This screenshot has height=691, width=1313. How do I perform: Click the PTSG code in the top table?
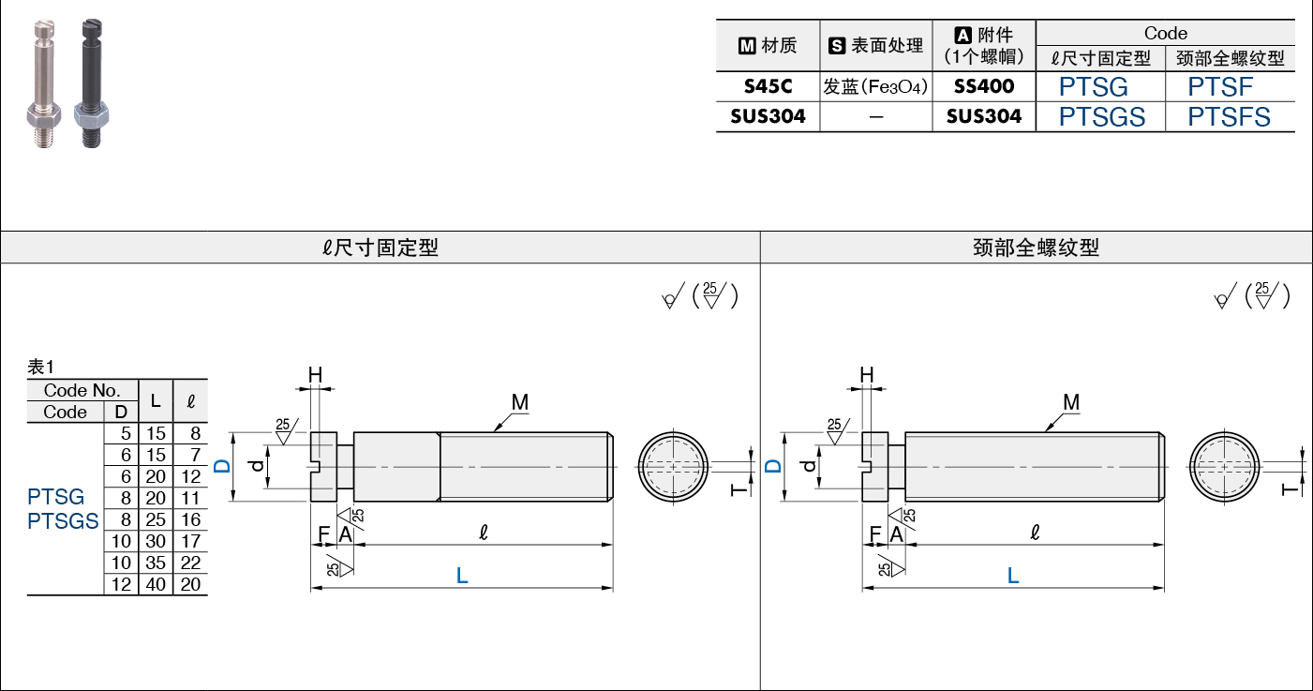coord(1093,87)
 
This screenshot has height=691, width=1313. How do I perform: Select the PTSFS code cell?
coord(1229,117)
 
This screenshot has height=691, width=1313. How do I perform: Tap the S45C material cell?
coord(768,87)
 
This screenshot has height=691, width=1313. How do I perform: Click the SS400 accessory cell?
coord(984,87)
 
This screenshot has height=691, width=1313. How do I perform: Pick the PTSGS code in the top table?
coord(1102,117)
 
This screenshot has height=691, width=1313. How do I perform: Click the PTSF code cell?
coord(1220,87)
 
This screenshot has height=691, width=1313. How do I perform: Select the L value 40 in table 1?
coord(156,584)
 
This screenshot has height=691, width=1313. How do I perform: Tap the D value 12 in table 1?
coord(121,584)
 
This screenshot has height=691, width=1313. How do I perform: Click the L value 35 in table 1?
coord(156,563)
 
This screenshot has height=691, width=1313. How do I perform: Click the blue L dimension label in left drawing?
coord(462,576)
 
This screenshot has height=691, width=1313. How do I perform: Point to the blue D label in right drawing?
coord(772,466)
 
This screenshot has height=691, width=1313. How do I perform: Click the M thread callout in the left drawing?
coord(520,403)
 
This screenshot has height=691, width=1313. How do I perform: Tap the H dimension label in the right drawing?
coord(867,375)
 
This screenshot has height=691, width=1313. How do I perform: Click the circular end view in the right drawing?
coord(1225,466)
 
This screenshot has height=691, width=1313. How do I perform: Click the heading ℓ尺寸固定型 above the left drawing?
coord(380,248)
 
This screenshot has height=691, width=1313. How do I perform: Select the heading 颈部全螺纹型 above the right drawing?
coord(1036,248)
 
